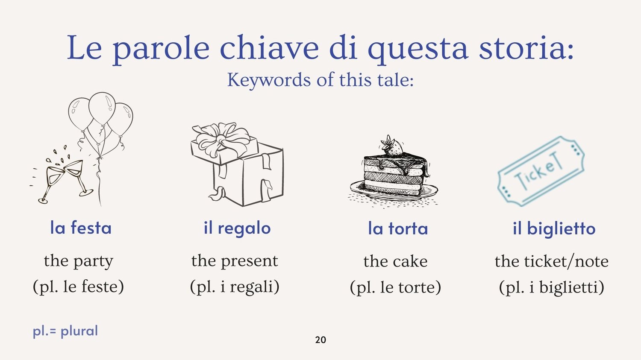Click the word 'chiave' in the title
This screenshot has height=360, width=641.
tap(269, 47)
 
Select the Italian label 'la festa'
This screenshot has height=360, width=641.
tap(81, 228)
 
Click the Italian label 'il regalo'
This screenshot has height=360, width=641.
tap(237, 228)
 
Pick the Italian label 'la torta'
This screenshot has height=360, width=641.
tap(398, 228)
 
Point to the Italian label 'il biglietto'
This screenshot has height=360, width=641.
tap(554, 229)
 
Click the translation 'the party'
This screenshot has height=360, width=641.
tap(78, 261)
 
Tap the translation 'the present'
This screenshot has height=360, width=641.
tap(235, 261)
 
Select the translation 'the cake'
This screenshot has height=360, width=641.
tap(395, 261)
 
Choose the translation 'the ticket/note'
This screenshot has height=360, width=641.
tap(552, 261)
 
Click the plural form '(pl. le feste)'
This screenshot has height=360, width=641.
tap(78, 287)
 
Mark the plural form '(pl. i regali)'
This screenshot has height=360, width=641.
tap(235, 287)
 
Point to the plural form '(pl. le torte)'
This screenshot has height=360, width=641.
tap(395, 287)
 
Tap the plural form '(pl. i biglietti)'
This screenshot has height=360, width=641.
tap(552, 287)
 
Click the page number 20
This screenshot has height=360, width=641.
tap(320, 340)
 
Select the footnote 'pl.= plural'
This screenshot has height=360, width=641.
tap(65, 331)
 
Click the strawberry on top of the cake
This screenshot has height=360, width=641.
tap(391, 146)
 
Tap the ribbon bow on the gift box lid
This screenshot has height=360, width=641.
tap(221, 139)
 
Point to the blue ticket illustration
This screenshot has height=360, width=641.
tap(541, 171)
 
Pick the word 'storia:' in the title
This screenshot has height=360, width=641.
tap(526, 47)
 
